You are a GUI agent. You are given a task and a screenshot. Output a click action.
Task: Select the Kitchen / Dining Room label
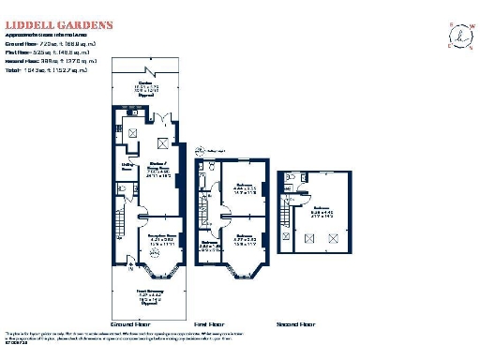[157, 172]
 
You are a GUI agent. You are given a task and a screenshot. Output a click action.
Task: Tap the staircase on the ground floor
[120, 225]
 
